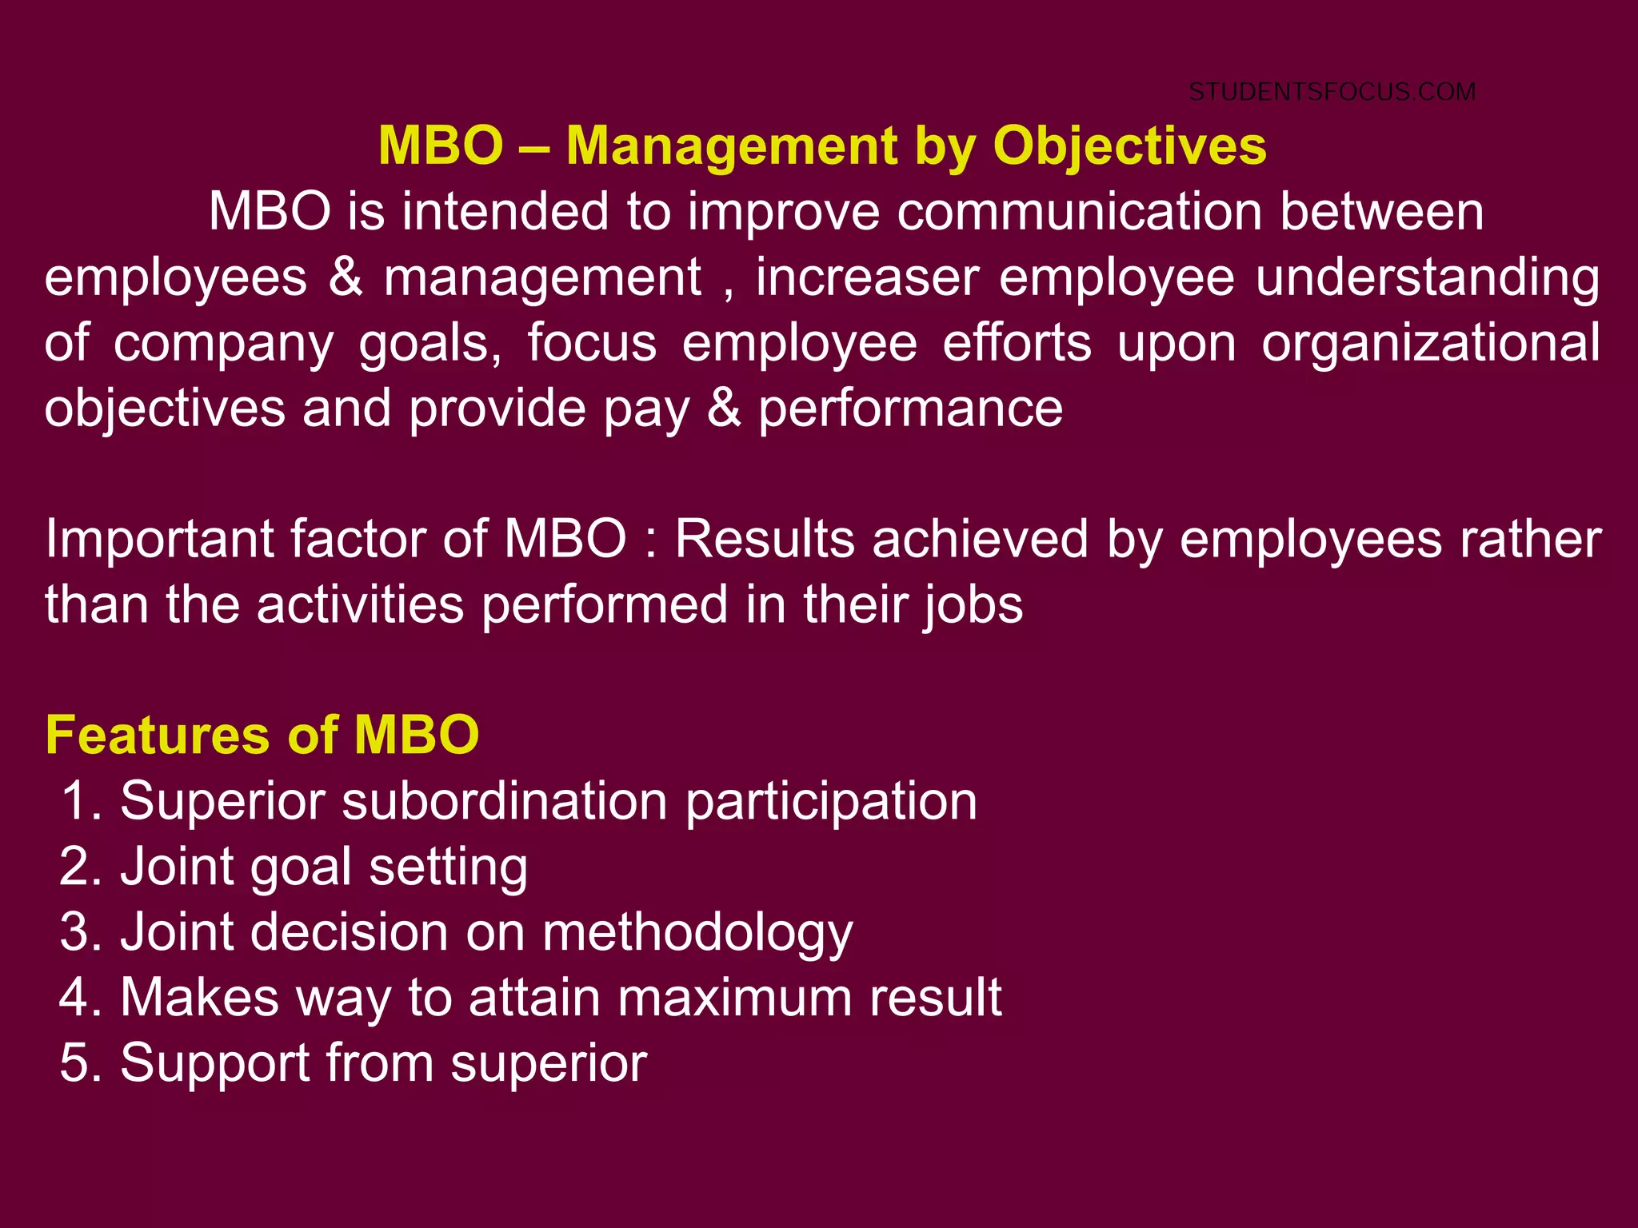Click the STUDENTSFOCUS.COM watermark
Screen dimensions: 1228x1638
pos(1332,92)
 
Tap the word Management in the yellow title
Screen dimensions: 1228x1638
pos(732,146)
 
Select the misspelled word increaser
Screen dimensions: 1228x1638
pos(867,278)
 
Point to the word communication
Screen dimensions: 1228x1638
pos(1079,213)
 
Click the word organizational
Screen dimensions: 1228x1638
pos(1431,344)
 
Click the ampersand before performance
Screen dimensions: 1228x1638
pos(724,409)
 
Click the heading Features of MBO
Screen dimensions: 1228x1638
pos(262,736)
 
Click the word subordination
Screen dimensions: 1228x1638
pos(505,802)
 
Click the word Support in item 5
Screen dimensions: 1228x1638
pos(214,1065)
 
